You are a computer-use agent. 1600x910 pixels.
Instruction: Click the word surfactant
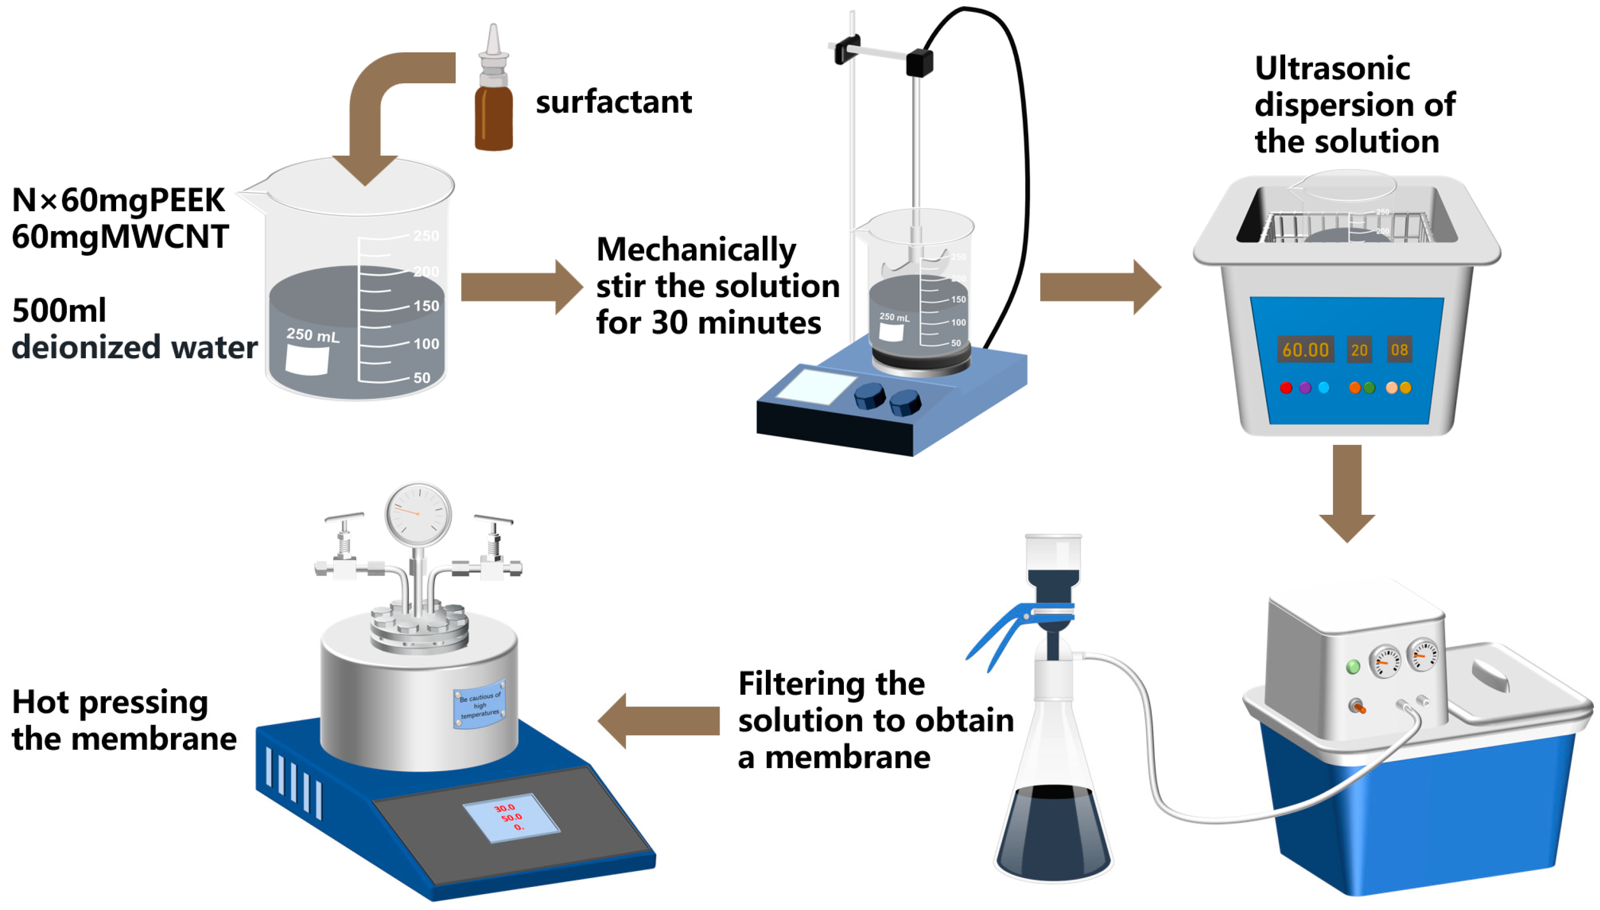click(x=613, y=102)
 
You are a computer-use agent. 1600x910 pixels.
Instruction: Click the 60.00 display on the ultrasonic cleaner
click(x=1305, y=349)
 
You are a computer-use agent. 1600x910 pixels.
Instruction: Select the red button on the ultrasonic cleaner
click(x=1285, y=387)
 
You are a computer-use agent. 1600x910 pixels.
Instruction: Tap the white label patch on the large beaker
click(x=307, y=361)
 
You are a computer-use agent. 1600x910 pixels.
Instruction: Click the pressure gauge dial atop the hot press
click(x=418, y=514)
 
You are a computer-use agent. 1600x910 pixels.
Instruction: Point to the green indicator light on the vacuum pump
click(x=1352, y=667)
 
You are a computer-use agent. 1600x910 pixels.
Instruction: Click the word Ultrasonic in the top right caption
click(x=1331, y=68)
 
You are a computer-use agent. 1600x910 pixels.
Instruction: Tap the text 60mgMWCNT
click(x=120, y=237)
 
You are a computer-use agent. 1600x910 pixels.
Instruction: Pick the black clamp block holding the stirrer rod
click(x=919, y=63)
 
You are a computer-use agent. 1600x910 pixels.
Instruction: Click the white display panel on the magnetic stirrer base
click(x=815, y=385)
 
